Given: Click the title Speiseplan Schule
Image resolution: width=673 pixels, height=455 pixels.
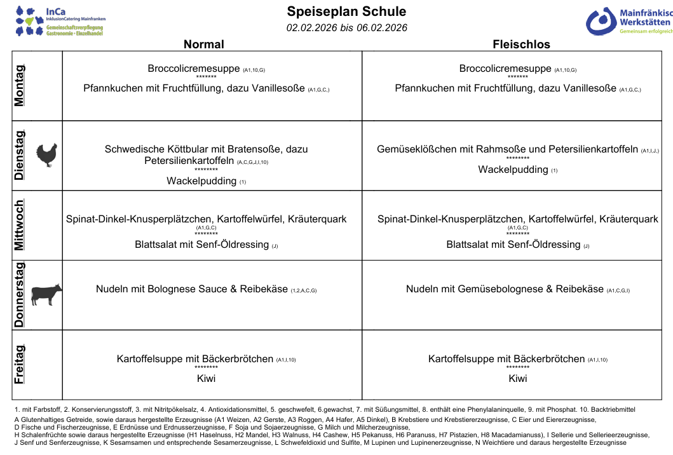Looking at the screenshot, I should [x=346, y=11].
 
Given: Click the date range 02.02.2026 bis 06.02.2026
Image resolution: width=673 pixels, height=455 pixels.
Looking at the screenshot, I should [x=346, y=27].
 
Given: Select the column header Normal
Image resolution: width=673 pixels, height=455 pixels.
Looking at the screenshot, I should [x=203, y=44].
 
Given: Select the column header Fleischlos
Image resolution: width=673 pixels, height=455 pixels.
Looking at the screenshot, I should [x=521, y=44].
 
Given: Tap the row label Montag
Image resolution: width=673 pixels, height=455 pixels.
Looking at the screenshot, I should [x=20, y=86].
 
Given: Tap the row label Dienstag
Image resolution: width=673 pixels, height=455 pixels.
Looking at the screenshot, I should [x=20, y=155].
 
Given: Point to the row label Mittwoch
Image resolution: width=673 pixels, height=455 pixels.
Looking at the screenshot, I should [x=20, y=225].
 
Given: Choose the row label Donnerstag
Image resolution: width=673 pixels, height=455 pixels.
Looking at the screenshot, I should [x=20, y=295].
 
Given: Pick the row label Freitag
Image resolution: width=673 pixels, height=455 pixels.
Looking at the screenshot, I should [x=20, y=364].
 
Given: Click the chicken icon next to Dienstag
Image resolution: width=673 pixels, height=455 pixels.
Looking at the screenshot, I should [x=46, y=155].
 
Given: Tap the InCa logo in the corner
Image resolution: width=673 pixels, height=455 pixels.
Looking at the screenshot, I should [x=60, y=20].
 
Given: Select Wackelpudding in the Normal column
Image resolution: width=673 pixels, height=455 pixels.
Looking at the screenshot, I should [x=202, y=181].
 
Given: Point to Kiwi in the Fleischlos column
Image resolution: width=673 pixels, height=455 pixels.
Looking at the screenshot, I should [x=518, y=379].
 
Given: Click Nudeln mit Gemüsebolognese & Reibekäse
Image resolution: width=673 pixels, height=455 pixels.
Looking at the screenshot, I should [x=505, y=289].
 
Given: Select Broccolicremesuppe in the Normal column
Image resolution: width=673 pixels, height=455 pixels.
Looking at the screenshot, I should [x=193, y=69].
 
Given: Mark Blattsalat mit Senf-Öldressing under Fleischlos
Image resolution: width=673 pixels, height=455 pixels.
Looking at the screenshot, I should [x=513, y=245].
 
